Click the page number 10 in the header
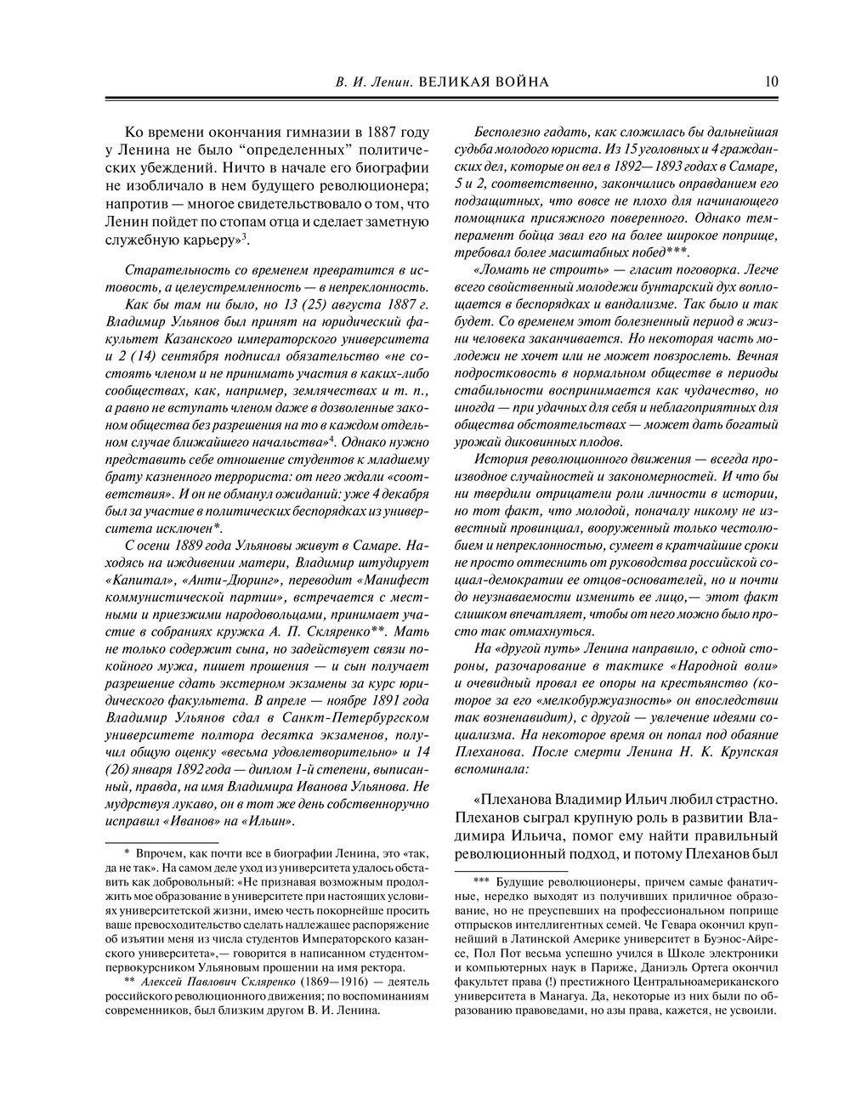coord(771,82)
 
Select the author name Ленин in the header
coord(388,82)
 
